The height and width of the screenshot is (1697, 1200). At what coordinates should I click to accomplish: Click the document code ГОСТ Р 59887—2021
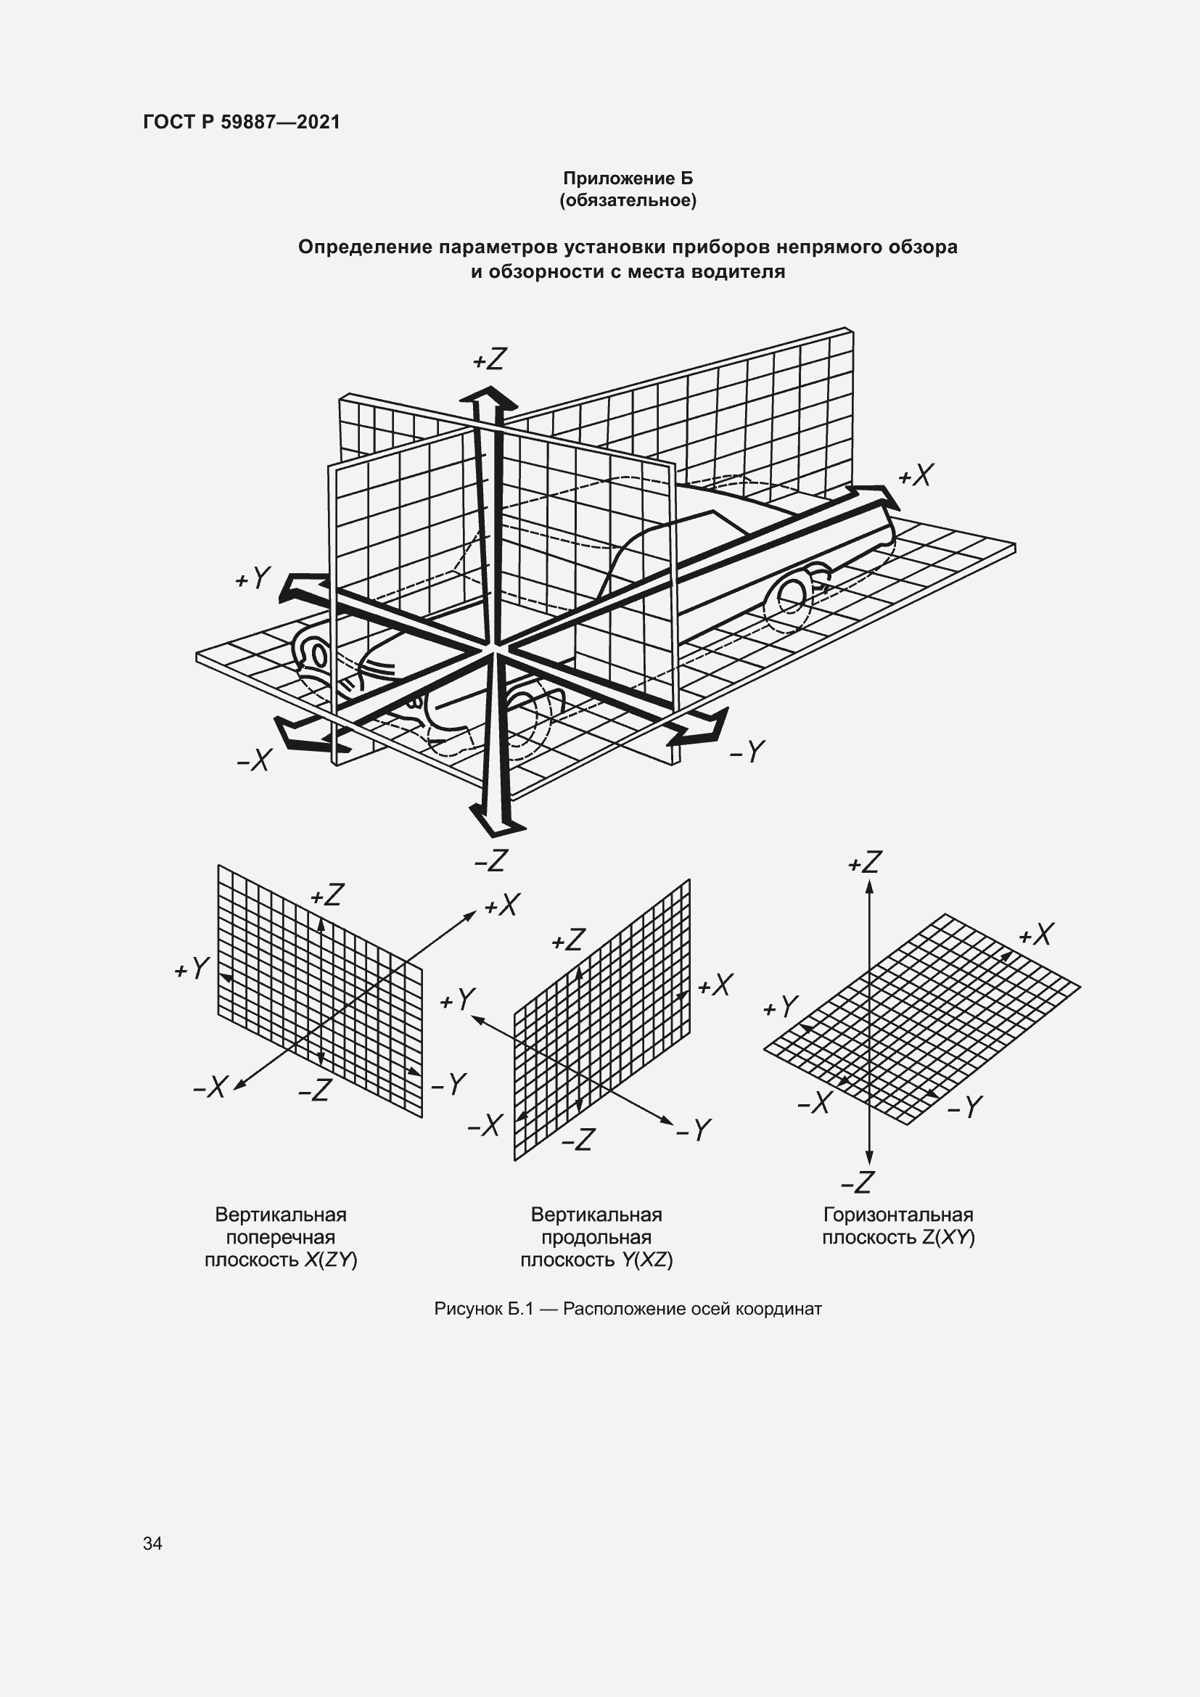[242, 122]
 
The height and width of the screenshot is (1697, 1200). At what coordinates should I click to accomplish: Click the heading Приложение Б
[628, 178]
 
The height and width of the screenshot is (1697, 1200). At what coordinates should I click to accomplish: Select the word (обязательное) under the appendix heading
[628, 200]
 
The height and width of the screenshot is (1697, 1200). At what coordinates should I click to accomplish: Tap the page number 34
[152, 1543]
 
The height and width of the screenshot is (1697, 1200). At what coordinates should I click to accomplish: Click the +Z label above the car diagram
[489, 360]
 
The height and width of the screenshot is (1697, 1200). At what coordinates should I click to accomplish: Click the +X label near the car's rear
[916, 475]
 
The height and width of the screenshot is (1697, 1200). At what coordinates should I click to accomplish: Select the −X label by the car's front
[254, 760]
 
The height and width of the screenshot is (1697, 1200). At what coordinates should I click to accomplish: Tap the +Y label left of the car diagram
[252, 578]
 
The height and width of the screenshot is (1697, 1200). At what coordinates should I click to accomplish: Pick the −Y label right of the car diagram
[747, 752]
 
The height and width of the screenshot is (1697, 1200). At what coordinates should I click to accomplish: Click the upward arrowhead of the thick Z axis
[488, 400]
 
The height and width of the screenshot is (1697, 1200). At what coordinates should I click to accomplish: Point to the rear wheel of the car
[794, 594]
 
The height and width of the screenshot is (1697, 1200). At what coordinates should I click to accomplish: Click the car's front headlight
[319, 656]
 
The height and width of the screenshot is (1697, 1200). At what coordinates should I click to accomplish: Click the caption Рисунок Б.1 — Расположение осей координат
[628, 1309]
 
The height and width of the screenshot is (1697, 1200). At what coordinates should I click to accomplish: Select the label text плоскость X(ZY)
[281, 1260]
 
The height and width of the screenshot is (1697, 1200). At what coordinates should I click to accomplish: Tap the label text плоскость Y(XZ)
[596, 1260]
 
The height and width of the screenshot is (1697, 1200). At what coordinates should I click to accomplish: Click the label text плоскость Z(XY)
[897, 1237]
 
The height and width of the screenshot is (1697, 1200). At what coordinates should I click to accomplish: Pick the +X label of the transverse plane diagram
[503, 905]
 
